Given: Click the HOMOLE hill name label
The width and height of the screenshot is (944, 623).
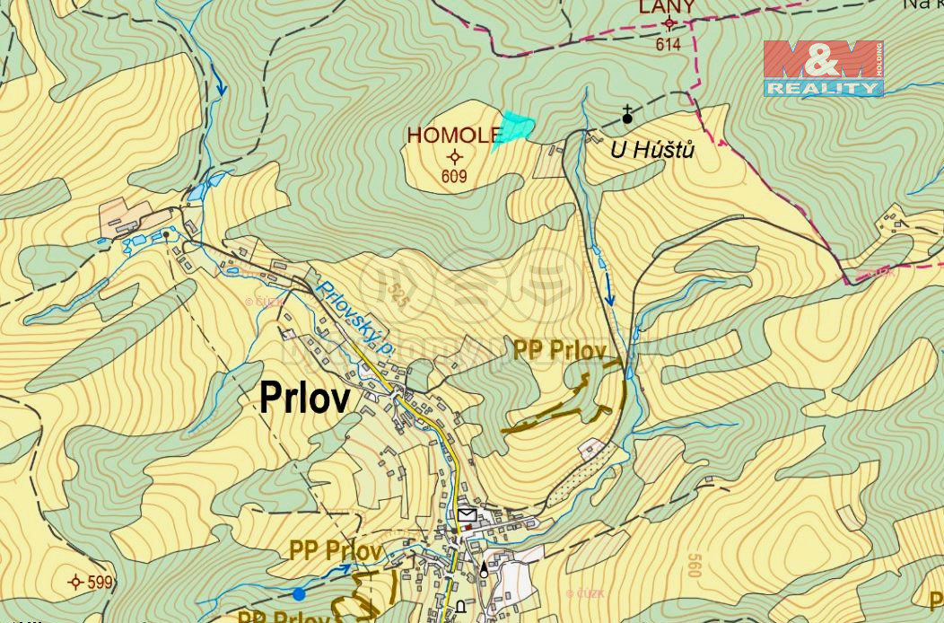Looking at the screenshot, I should (454, 136).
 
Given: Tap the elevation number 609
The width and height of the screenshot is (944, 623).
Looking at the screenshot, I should (454, 177).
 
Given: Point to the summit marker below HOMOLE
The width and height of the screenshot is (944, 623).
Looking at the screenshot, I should (454, 156).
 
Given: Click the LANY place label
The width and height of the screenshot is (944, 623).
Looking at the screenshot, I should (667, 8).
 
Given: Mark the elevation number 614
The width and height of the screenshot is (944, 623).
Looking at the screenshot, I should (669, 44).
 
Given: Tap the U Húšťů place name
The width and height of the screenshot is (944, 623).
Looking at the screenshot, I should (652, 150).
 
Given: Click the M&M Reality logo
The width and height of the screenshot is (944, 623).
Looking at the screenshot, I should (823, 68).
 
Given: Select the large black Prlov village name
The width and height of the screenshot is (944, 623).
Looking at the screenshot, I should (304, 398).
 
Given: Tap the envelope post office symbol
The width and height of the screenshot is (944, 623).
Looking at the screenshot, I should (467, 514).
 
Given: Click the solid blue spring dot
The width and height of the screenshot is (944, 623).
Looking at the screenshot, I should (299, 593).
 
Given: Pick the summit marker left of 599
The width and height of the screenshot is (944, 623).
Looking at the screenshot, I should (75, 583).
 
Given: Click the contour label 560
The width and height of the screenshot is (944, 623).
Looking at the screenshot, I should (693, 566).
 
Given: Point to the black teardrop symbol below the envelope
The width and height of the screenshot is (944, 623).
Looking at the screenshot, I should (485, 568).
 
